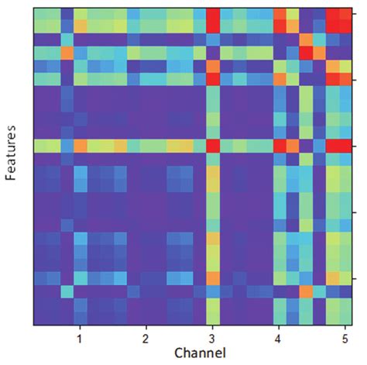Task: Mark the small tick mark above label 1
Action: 80,327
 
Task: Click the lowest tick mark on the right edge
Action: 352,278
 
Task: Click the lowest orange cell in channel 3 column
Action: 213,278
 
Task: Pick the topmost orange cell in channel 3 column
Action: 213,67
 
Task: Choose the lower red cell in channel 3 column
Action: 213,146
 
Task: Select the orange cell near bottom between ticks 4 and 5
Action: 306,291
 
